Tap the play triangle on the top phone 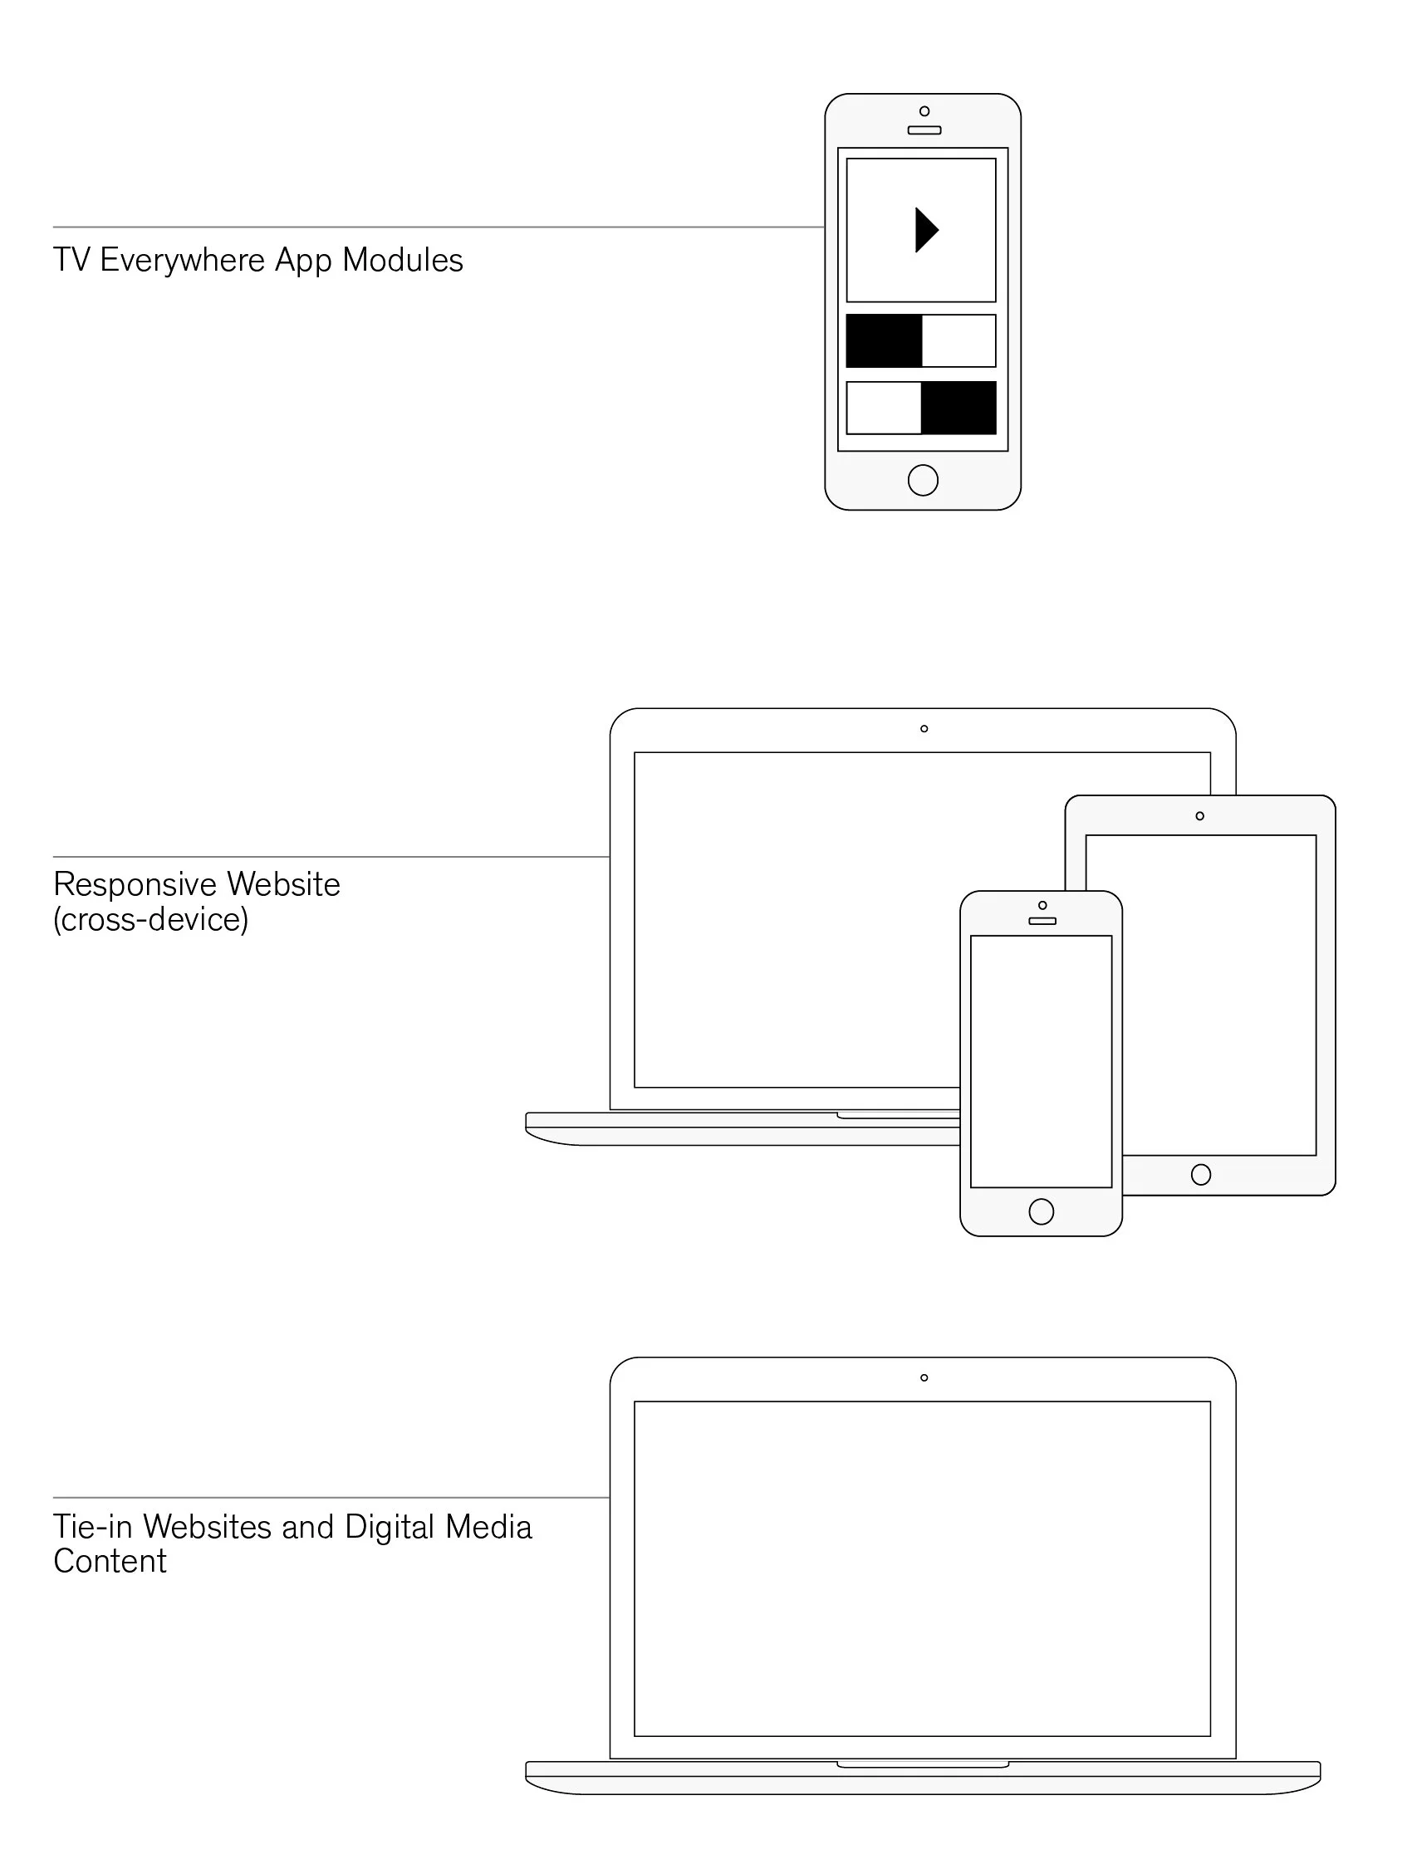click(925, 230)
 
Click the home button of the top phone click(923, 481)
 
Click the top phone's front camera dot click(924, 111)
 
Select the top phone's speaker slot click(924, 130)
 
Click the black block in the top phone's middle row click(884, 341)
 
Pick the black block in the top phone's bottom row click(959, 408)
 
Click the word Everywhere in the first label click(183, 261)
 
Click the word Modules click(403, 261)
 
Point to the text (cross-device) click(151, 920)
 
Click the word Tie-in click(93, 1527)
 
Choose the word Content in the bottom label click(110, 1562)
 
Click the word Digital click(390, 1527)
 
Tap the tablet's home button click(1201, 1175)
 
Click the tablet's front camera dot click(1199, 816)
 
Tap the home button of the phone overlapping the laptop click(1042, 1212)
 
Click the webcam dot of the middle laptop click(924, 729)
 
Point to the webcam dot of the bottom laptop click(924, 1377)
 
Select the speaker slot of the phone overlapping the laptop click(1042, 921)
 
